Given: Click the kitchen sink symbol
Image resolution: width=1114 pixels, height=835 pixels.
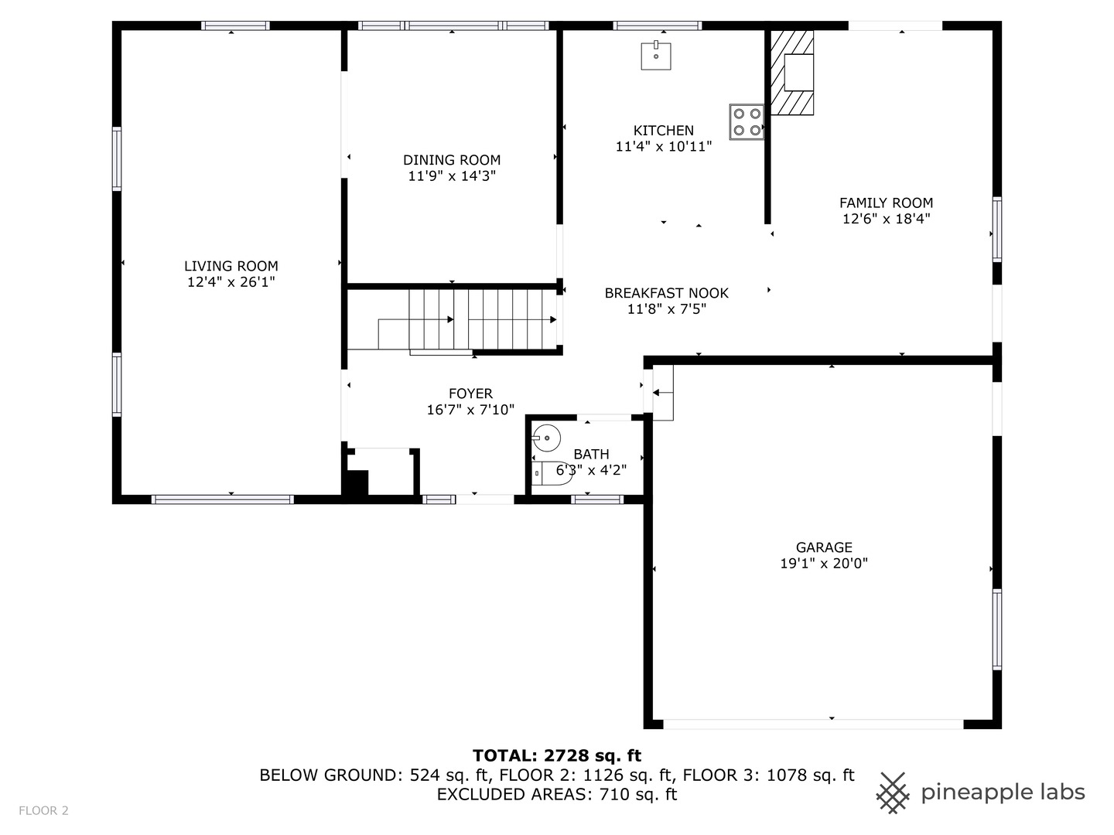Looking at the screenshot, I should point(655,56).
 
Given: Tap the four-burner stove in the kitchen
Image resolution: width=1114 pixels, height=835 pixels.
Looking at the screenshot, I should point(746,122).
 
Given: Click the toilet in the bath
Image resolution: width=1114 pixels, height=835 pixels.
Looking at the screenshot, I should point(552,472).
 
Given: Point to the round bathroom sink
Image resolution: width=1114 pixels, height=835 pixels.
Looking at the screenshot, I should point(547,438).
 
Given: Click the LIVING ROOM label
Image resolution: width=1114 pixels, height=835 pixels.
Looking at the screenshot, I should point(231,266).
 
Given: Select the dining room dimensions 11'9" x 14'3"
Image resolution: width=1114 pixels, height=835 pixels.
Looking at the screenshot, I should point(452,176).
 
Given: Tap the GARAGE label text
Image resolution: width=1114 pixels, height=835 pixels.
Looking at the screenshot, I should point(824,547).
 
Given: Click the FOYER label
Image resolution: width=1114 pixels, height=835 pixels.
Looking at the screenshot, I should point(470,394).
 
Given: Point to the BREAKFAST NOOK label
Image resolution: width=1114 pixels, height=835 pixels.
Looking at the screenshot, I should point(666,293).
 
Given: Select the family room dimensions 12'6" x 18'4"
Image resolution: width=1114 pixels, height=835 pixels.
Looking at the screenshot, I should point(886,219).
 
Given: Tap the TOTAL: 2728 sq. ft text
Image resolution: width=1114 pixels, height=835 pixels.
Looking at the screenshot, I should point(557,755).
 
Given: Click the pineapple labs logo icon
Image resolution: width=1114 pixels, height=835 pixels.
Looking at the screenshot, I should point(893,792).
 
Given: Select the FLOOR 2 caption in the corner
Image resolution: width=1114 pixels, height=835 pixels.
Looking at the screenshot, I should point(44,810).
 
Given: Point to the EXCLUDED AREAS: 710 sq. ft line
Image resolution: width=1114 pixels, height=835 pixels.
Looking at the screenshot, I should point(557,795).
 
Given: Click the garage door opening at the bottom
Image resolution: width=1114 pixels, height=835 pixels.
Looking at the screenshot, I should point(812,724).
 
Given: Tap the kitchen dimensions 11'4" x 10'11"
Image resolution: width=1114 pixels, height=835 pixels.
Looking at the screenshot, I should point(663,146).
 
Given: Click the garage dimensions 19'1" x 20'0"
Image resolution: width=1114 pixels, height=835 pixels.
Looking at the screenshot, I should point(824,564).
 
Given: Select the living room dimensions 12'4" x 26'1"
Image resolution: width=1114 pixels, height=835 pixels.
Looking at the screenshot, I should point(231,282).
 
